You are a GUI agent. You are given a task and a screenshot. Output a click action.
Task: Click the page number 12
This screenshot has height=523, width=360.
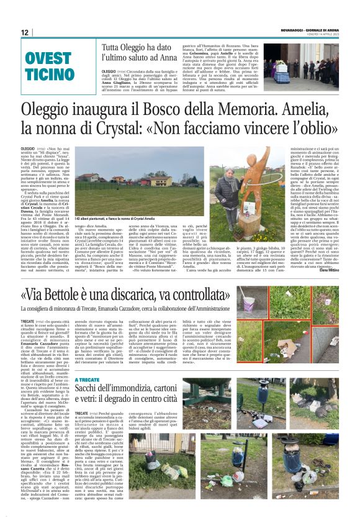tap(25, 32)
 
